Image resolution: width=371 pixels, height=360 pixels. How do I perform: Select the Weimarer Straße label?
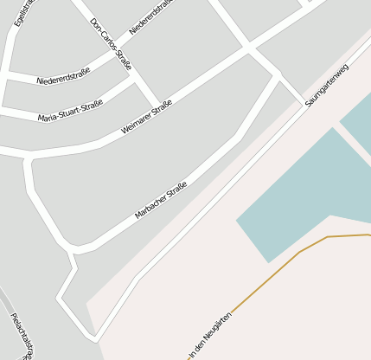tap(147, 116)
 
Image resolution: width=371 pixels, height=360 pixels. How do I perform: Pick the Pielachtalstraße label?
tap(22, 334)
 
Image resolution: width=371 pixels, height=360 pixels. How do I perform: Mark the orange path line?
tap(298, 253)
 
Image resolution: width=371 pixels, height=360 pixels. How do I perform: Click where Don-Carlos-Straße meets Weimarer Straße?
tap(158, 105)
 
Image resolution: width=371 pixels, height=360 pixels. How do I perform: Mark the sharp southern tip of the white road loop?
tap(96, 338)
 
